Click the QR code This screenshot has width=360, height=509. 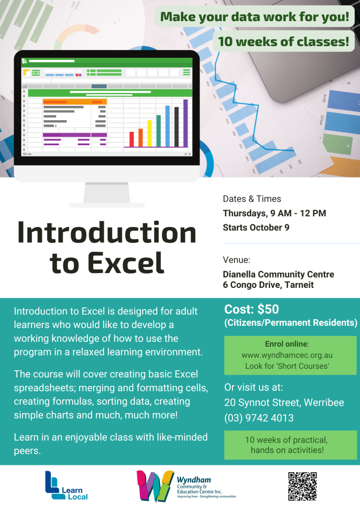302,486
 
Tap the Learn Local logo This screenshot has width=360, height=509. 66,485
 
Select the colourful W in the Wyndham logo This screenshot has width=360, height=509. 155,486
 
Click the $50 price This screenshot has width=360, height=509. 268,309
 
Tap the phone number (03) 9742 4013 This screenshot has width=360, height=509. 259,418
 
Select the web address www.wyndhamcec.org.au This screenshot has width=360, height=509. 287,355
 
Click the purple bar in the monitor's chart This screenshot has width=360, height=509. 185,123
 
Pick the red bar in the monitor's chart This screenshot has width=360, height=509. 131,139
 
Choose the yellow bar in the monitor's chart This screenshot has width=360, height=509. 150,133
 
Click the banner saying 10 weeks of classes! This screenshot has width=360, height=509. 283,41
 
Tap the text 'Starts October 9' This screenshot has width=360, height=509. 256,228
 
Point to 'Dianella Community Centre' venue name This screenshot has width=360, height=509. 278,274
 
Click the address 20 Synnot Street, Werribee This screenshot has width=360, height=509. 284,403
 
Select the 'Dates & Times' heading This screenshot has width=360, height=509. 252,199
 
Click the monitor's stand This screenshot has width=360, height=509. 107,195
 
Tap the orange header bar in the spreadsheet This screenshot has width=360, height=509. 75,102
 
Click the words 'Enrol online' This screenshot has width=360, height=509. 286,344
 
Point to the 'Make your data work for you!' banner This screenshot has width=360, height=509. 255,16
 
